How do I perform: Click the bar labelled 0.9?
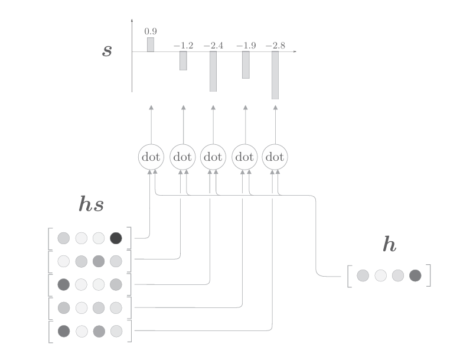tap(151, 45)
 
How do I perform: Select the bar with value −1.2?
tap(183, 61)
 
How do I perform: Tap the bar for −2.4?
tap(213, 72)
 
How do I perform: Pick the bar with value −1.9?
tap(245, 65)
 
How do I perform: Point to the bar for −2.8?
tap(275, 75)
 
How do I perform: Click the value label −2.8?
tap(275, 45)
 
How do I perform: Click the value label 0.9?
tap(151, 31)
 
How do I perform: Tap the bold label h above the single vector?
tap(389, 245)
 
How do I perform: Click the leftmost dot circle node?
tap(151, 157)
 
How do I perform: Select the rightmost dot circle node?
tap(275, 157)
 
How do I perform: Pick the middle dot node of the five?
tap(213, 157)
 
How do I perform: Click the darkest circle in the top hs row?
tap(116, 238)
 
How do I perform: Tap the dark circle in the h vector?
tap(415, 275)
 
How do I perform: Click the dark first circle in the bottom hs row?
tap(63, 331)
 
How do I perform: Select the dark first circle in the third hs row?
tap(63, 284)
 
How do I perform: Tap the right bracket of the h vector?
tap(429, 275)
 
